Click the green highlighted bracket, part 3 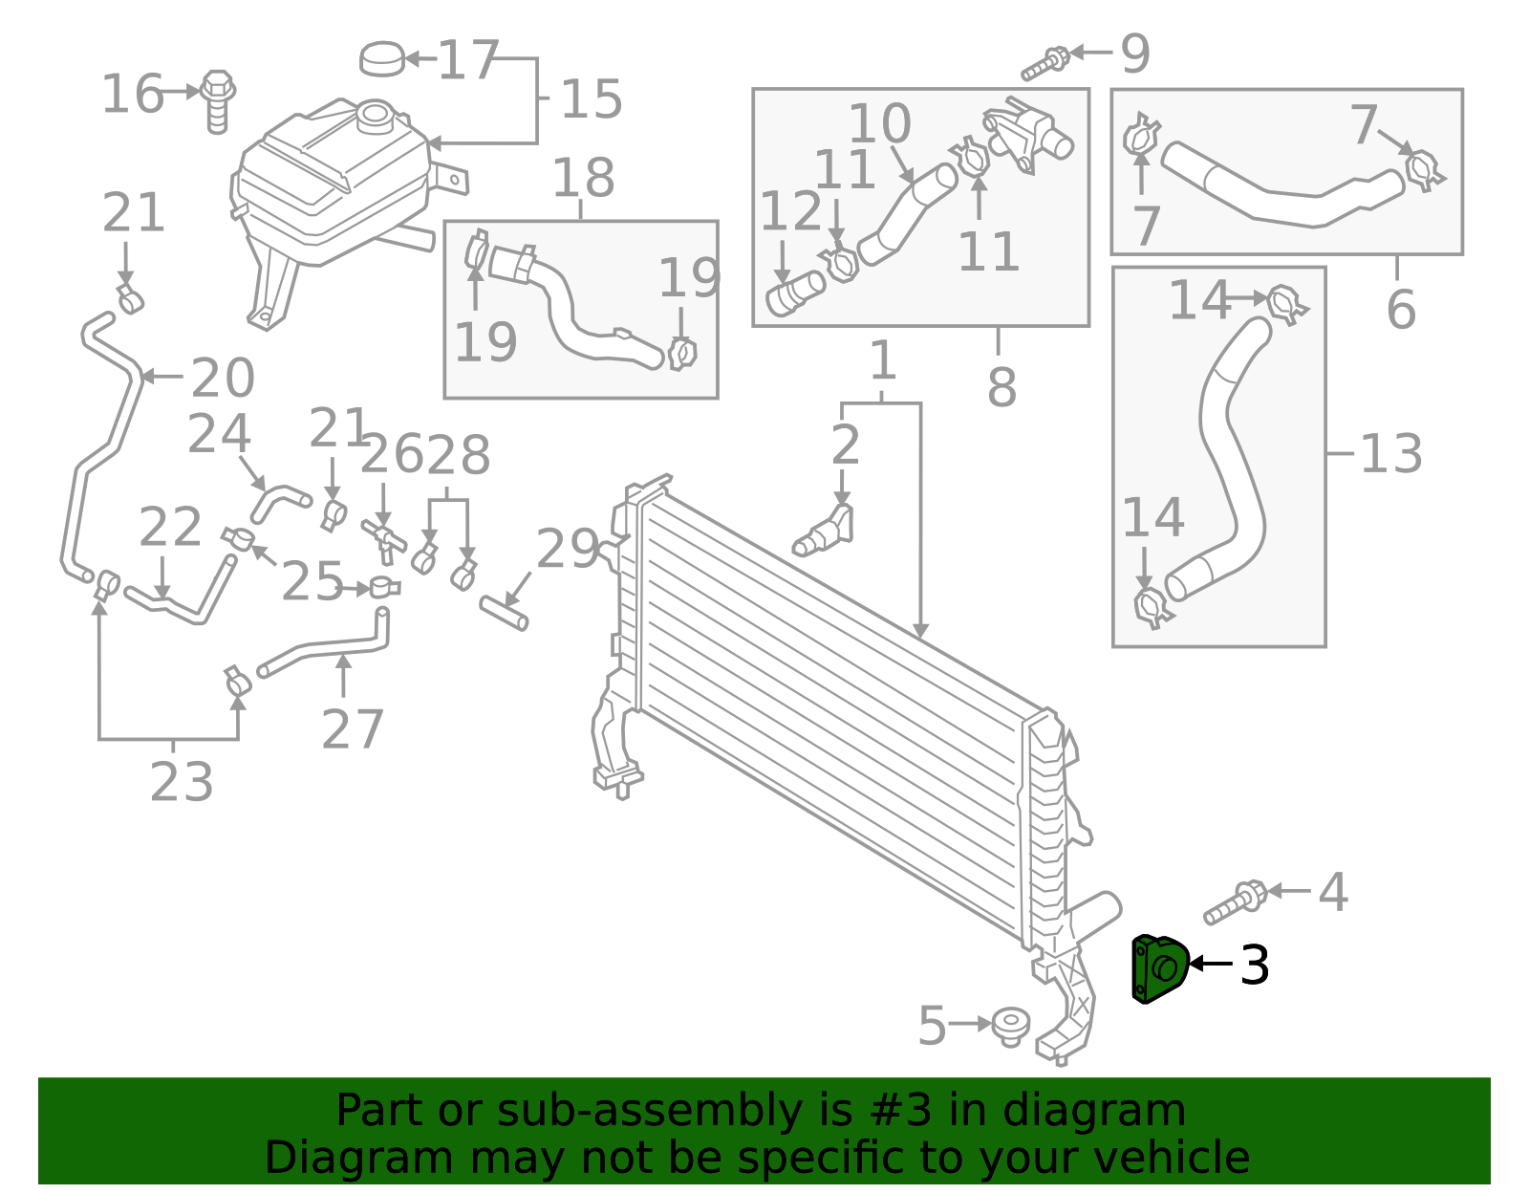(x=1159, y=969)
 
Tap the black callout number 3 (x=1254, y=965)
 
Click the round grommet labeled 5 (x=1010, y=1025)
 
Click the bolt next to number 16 (x=219, y=100)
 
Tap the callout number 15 (x=591, y=99)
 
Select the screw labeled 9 (x=1046, y=62)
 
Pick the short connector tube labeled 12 (x=795, y=293)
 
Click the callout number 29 (x=567, y=550)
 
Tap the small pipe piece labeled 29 (x=504, y=612)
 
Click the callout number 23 (x=182, y=783)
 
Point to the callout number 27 (x=352, y=729)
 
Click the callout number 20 (x=223, y=379)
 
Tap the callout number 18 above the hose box (x=583, y=178)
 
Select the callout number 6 (x=1400, y=310)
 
